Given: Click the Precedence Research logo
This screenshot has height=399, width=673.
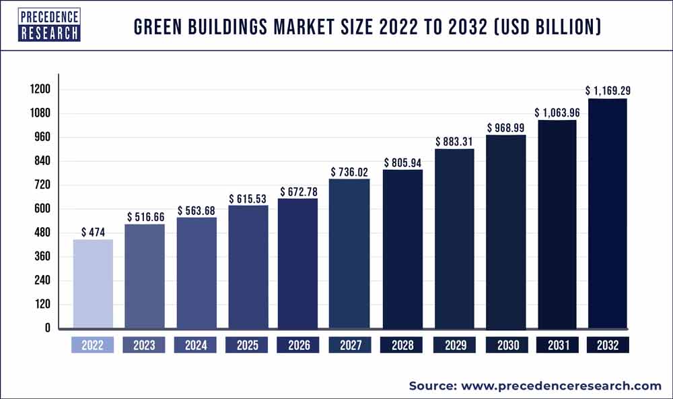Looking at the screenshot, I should tap(49, 26).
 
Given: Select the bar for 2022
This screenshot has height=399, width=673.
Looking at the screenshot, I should tap(93, 283).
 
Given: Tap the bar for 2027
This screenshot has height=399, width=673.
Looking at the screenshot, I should tap(349, 253).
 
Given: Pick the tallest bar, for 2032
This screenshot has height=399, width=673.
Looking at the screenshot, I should tap(608, 213).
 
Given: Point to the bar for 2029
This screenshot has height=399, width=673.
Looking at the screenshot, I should tap(454, 238).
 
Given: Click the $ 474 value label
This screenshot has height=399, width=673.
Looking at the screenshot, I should tap(93, 232).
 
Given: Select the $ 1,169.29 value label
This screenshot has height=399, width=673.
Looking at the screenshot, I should tap(608, 90).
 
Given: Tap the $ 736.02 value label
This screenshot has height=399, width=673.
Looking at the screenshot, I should tap(350, 172).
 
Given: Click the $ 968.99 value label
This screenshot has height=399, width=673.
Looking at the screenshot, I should tap(506, 127).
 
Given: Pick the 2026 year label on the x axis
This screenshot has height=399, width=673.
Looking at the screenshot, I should tap(299, 346).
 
